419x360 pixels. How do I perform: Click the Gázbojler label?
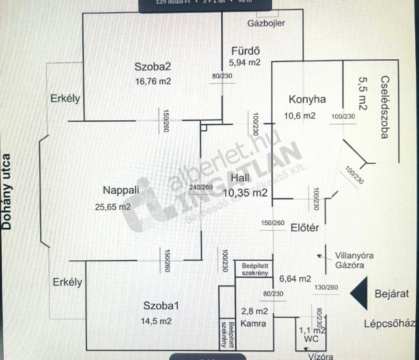tap(266, 23)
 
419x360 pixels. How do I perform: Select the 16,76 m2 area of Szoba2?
tap(153, 81)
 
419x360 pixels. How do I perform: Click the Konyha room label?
tap(307, 100)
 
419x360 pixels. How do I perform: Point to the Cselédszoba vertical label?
tap(384, 107)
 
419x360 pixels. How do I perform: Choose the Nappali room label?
tap(121, 190)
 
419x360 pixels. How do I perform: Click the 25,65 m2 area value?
tap(113, 207)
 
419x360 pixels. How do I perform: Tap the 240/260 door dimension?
tap(201, 188)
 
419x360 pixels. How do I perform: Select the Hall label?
tap(240, 178)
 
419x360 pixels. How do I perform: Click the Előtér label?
tap(305, 228)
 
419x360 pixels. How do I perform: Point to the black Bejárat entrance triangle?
tap(360, 293)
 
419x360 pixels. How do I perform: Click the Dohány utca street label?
tap(7, 191)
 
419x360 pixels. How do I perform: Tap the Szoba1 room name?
tap(161, 306)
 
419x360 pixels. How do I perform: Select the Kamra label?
tap(253, 324)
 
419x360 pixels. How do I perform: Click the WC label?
tap(311, 339)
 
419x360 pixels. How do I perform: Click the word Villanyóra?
tap(354, 256)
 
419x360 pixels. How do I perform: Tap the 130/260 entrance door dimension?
tap(326, 288)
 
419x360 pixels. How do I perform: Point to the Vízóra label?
tap(321, 356)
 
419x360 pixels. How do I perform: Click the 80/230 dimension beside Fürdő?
tap(222, 76)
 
